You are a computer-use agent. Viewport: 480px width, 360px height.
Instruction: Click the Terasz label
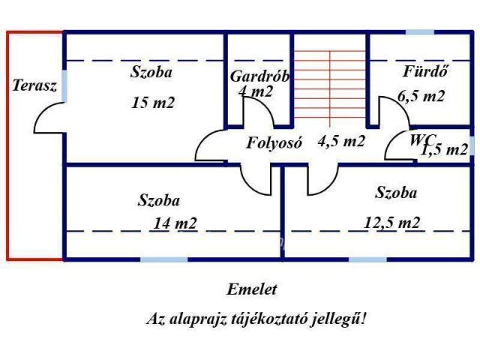[34, 85]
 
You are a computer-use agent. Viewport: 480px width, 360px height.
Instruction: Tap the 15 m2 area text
[152, 103]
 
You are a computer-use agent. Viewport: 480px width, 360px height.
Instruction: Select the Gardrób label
[259, 76]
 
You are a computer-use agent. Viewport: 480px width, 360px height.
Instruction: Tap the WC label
[421, 139]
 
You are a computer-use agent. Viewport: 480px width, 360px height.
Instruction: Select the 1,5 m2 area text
[444, 150]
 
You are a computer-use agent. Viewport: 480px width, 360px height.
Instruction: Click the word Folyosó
[274, 142]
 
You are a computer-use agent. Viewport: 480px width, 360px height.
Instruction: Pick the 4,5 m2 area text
[341, 141]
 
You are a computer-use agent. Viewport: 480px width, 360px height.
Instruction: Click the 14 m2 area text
[175, 223]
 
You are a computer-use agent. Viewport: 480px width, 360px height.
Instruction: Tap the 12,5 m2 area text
[392, 222]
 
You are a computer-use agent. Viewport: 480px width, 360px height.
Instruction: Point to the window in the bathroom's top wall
[419, 33]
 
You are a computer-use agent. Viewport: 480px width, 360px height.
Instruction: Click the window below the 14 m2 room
[163, 259]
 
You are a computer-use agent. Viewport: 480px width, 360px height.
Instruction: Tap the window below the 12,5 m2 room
[367, 259]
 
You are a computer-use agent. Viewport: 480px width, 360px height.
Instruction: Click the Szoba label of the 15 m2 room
[151, 73]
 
